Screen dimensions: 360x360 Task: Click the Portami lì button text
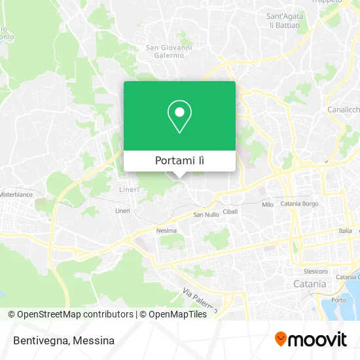pyautogui.click(x=179, y=161)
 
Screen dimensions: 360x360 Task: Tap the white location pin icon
pyautogui.click(x=179, y=117)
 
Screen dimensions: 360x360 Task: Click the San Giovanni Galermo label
pyautogui.click(x=169, y=51)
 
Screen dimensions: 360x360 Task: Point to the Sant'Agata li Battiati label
pyautogui.click(x=283, y=20)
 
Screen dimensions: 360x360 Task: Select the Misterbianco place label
pyautogui.click(x=16, y=194)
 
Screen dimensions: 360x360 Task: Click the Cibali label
pyautogui.click(x=230, y=211)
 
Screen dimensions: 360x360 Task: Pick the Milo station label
pyautogui.click(x=267, y=205)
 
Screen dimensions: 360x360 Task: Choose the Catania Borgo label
pyautogui.click(x=300, y=204)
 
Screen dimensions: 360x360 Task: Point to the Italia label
pyautogui.click(x=345, y=230)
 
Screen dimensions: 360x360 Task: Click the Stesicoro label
pyautogui.click(x=315, y=271)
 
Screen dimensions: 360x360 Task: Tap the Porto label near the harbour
pyautogui.click(x=338, y=300)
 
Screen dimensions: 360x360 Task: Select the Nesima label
pyautogui.click(x=166, y=230)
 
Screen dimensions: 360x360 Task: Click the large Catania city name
pyautogui.click(x=309, y=284)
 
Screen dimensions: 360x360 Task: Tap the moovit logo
pyautogui.click(x=310, y=339)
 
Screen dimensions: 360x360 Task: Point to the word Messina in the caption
pyautogui.click(x=94, y=340)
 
